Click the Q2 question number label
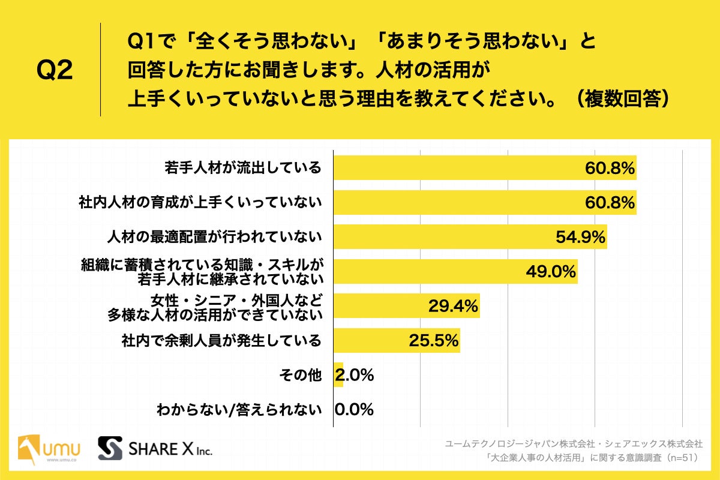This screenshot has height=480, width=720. click(55, 71)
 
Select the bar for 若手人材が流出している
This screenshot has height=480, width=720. click(456, 168)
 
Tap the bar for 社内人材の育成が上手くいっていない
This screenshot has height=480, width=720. click(456, 203)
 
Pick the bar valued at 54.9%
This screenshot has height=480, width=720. click(444, 237)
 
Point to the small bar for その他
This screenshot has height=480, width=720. click(338, 376)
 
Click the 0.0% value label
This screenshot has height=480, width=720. click(355, 410)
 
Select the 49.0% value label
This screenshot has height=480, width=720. click(551, 272)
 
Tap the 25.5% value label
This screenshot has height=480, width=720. click(434, 341)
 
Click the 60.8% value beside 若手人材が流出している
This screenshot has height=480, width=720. click(610, 169)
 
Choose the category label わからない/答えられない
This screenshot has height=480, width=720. click(239, 410)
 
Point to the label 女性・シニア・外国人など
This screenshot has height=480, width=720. click(236, 299)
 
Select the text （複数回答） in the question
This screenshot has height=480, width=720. click(620, 99)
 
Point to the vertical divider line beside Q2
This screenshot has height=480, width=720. click(100, 70)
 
